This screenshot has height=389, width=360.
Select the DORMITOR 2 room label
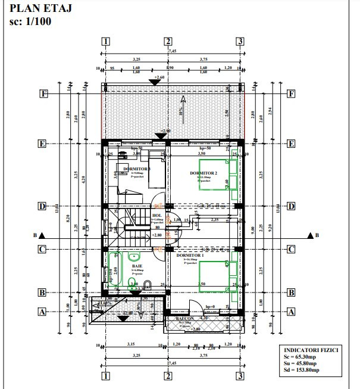tap(204, 173)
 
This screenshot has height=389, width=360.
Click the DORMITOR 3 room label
tap(136, 169)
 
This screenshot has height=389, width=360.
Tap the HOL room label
tap(157, 216)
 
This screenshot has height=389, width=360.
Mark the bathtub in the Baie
tap(115, 269)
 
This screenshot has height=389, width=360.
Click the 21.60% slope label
tap(106, 303)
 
